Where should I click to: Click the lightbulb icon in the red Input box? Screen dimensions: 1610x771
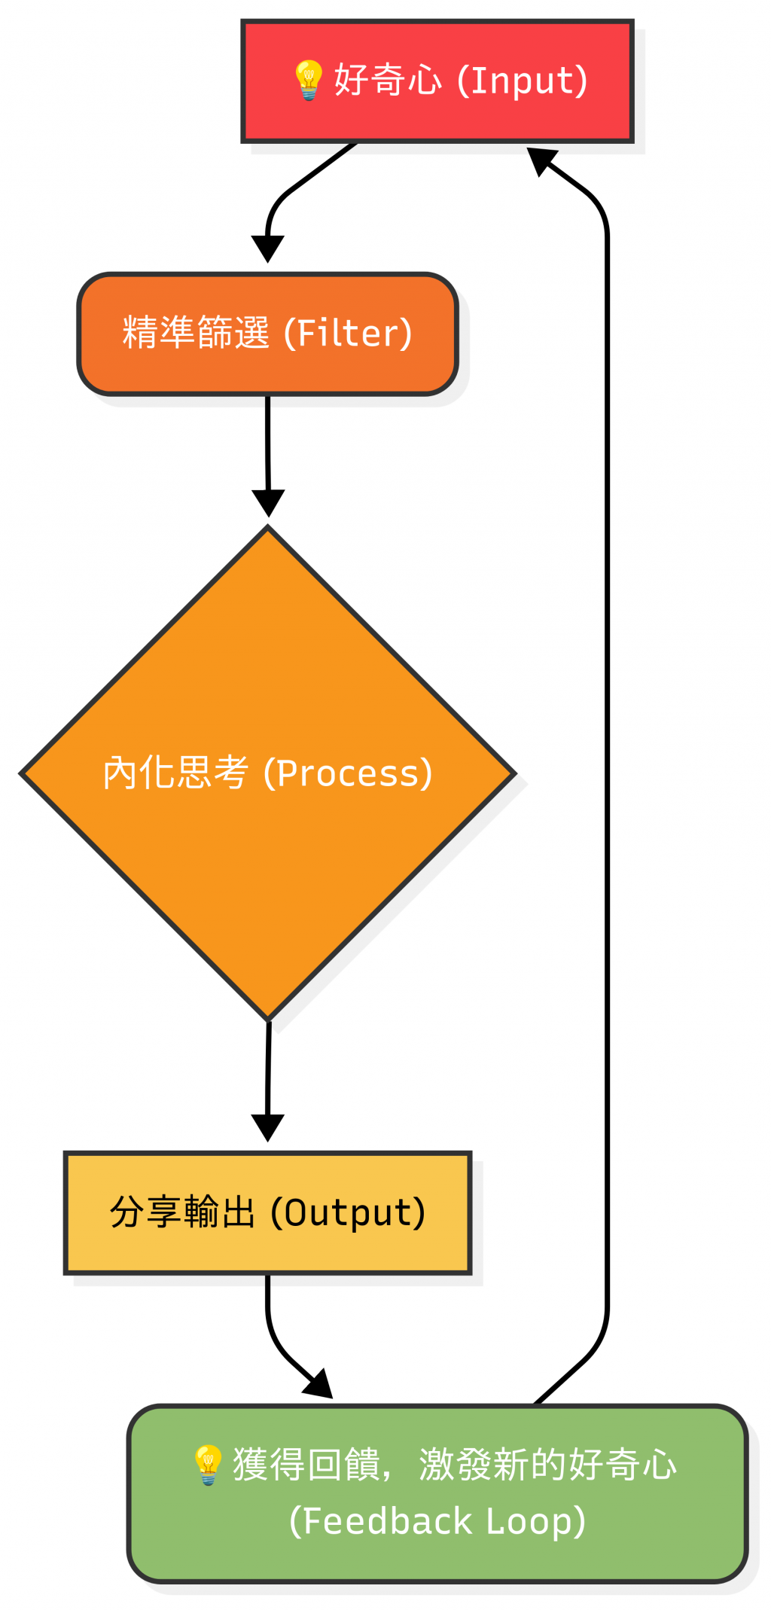[x=308, y=80]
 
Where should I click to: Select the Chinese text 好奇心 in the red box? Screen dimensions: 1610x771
[x=388, y=80]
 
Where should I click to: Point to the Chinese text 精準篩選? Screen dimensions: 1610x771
[x=196, y=333]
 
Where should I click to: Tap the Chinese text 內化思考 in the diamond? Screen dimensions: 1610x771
[x=175, y=773]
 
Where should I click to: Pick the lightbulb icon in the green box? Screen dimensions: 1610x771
[x=208, y=1465]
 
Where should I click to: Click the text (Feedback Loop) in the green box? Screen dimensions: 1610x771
[x=437, y=1521]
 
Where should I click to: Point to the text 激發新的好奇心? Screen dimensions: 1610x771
[x=547, y=1465]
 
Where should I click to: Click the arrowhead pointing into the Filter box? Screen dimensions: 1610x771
[x=267, y=249]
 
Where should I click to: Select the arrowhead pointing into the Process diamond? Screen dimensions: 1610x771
[x=268, y=502]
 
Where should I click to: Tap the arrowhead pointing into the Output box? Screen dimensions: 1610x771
[x=267, y=1127]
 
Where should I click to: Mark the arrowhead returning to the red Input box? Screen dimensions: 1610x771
[x=541, y=160]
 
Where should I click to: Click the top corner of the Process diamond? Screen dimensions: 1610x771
[x=268, y=528]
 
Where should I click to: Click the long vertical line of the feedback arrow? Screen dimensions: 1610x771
[x=607, y=753]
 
